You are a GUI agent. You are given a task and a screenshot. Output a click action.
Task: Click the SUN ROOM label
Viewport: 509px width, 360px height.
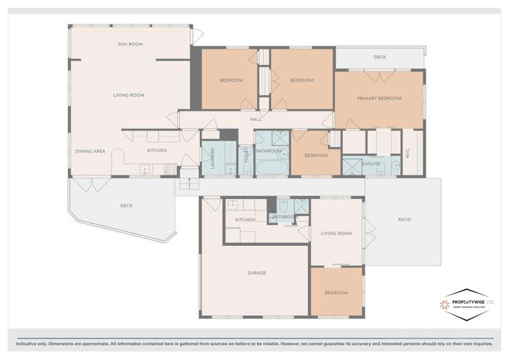pos(128,44)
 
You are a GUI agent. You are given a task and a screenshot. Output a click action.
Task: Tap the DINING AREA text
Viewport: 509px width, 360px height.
pos(89,151)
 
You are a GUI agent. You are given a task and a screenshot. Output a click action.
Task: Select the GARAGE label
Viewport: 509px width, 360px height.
pos(256,273)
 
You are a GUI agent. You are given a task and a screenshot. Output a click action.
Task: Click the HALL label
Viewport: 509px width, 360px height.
pos(256,120)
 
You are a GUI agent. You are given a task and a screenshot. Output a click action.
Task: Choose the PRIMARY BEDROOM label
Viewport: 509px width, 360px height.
pos(379,98)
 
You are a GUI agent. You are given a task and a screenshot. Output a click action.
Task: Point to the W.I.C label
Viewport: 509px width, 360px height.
pos(408,154)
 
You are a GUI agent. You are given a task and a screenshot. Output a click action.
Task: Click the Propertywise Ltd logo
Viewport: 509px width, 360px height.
pos(468,303)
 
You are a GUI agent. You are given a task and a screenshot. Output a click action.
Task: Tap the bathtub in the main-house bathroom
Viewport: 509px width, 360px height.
pos(272,166)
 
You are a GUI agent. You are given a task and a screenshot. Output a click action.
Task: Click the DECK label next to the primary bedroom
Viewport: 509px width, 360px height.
pos(379,57)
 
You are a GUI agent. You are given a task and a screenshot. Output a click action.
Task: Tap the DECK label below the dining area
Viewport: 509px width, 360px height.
pos(126,205)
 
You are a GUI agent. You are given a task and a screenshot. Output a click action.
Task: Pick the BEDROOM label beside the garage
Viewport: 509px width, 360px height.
pos(336,293)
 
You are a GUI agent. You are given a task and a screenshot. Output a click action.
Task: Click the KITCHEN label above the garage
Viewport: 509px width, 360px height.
pos(245,220)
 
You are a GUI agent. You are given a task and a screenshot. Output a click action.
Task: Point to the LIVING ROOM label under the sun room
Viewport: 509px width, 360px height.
pos(128,95)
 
